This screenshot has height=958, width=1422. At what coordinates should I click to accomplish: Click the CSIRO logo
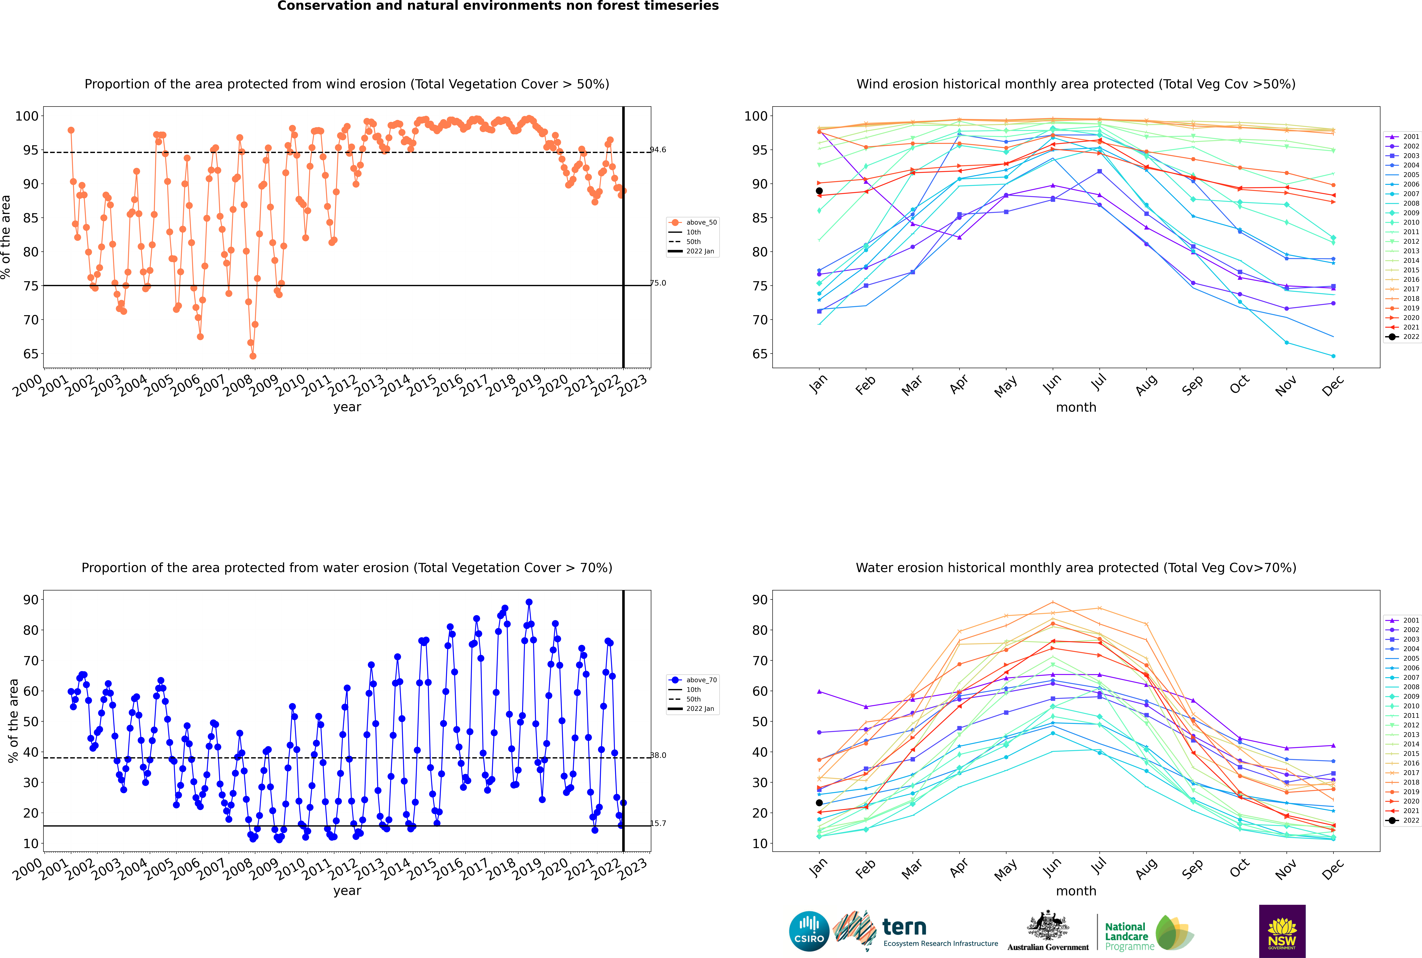coord(809,931)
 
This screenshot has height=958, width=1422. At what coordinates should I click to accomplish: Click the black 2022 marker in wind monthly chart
coord(819,191)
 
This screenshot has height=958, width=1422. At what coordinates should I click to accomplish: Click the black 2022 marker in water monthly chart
coord(819,803)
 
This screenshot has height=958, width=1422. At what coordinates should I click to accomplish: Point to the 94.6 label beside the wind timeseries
coord(658,150)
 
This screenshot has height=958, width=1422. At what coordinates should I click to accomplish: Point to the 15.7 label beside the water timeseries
coord(658,823)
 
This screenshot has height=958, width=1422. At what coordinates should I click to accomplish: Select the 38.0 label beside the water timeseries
coord(658,755)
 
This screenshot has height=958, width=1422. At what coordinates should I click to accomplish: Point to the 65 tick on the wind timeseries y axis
coord(30,354)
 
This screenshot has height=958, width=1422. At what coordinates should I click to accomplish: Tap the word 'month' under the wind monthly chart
coord(1076,408)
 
